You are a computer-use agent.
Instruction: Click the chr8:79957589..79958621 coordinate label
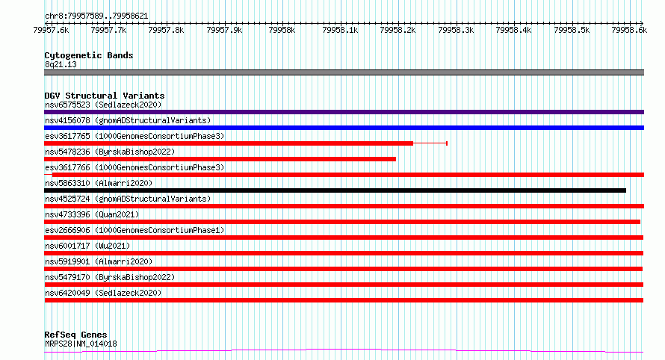[x=96, y=16]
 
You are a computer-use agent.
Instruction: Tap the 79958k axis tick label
[x=282, y=30]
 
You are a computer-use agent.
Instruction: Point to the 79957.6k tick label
[x=51, y=30]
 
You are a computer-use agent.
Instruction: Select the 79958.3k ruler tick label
[x=456, y=30]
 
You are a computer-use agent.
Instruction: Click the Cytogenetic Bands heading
[x=89, y=55]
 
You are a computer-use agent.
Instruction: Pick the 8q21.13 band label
[x=61, y=64]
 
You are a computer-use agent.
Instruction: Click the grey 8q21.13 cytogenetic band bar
[x=344, y=72]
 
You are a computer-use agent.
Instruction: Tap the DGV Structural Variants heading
[x=105, y=96]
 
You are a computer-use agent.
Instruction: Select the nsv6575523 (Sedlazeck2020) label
[x=103, y=105]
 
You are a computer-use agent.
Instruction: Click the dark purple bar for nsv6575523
[x=344, y=112]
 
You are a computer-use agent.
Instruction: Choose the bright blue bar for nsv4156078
[x=344, y=128]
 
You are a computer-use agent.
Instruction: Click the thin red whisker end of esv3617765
[x=447, y=143]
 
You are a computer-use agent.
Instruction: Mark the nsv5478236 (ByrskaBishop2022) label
[x=110, y=152]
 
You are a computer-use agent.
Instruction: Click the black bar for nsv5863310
[x=335, y=190]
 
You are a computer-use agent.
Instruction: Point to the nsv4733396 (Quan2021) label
[x=92, y=214]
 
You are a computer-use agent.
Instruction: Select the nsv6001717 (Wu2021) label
[x=87, y=246]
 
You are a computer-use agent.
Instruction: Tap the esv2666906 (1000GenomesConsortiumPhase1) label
[x=134, y=230]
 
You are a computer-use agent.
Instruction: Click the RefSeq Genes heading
[x=75, y=335]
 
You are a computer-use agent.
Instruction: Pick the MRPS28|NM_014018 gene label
[x=81, y=344]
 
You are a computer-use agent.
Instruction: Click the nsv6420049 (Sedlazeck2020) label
[x=103, y=293]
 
